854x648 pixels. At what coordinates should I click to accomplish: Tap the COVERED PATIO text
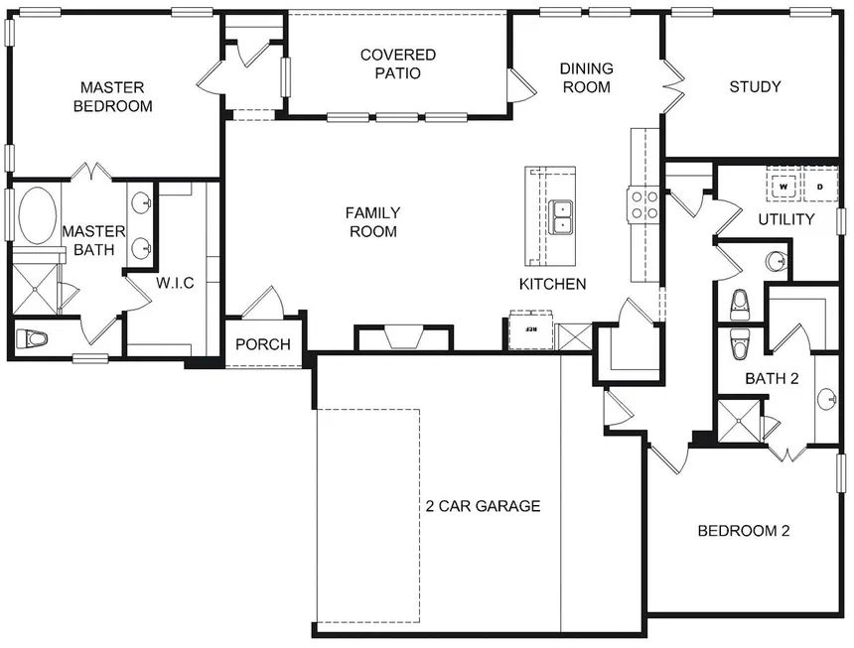coord(390,64)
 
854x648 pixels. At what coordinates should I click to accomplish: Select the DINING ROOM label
coord(586,77)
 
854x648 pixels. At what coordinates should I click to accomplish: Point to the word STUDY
coord(755,86)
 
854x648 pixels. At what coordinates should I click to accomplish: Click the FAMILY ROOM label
coord(372,221)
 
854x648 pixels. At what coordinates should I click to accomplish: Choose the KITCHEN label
coord(552,284)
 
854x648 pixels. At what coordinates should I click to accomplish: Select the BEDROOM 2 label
coord(743,531)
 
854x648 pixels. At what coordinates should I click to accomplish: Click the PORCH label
coord(263,344)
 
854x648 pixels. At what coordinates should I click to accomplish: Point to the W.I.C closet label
coord(174,283)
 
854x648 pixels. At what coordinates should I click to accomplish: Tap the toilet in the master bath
coord(34,339)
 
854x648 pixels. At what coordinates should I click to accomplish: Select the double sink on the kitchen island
coord(562,216)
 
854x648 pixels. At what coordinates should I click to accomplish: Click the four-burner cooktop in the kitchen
coord(642,204)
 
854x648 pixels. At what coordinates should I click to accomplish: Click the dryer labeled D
coord(819,186)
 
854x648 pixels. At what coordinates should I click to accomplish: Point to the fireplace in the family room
coord(403,339)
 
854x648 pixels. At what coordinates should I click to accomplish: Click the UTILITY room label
coord(785,218)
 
